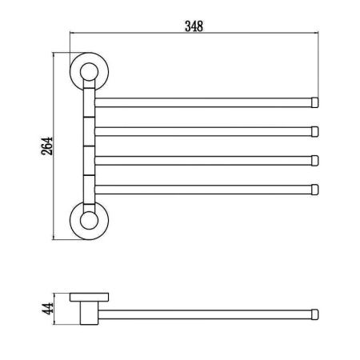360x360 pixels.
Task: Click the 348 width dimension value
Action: pos(194,25)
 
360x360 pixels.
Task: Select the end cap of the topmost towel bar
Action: pos(315,102)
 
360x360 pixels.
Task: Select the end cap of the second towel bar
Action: pos(315,130)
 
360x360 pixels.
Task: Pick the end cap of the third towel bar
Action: pos(315,160)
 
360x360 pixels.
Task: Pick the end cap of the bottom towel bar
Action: pos(315,189)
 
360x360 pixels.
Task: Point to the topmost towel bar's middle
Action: pos(204,102)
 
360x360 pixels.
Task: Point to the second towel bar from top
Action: pos(204,130)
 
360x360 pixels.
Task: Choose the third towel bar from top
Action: pos(204,160)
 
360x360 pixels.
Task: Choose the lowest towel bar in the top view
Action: pos(204,189)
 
